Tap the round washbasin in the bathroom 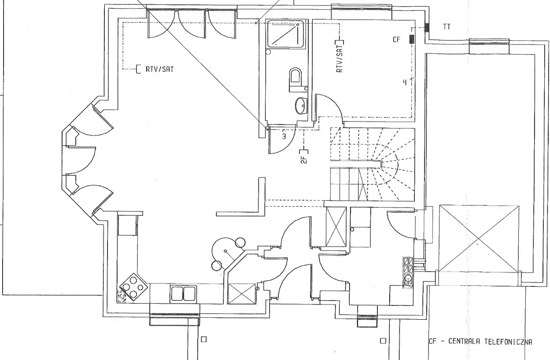click(x=301, y=106)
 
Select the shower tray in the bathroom click(x=285, y=34)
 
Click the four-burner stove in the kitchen click(x=133, y=287)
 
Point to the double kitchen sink click(x=183, y=294)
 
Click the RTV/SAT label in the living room click(x=159, y=70)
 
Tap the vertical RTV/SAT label click(x=340, y=59)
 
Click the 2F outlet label click(x=304, y=160)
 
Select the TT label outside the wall click(x=447, y=27)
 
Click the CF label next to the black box click(x=397, y=40)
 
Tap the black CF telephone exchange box click(x=412, y=39)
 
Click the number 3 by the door click(x=284, y=136)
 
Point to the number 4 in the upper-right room click(x=405, y=82)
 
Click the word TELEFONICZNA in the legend click(x=508, y=342)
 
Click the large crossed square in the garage click(x=479, y=239)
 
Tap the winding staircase click(x=373, y=165)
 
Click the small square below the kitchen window click(x=204, y=339)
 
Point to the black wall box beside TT click(x=427, y=27)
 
